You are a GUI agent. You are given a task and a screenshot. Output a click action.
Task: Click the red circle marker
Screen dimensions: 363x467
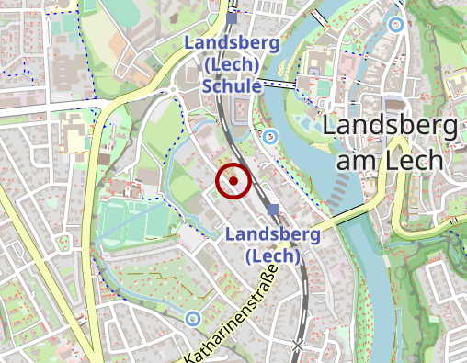point(233,181)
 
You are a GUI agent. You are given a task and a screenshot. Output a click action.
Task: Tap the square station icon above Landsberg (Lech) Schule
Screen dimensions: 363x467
point(232,17)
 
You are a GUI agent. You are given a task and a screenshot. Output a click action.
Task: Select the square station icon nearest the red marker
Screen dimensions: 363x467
point(273,209)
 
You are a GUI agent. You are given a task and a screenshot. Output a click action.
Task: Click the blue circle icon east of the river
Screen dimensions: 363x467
point(395,25)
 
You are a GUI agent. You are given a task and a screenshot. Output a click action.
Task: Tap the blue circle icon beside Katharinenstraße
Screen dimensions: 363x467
point(191,319)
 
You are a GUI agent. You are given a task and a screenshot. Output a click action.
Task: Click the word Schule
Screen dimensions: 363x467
point(232,85)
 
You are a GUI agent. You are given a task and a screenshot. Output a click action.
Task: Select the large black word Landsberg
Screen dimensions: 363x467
point(392,126)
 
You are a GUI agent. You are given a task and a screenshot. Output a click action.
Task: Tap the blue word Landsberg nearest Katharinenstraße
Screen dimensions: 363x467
point(266,233)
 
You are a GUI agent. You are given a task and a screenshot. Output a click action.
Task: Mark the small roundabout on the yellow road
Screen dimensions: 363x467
point(172,89)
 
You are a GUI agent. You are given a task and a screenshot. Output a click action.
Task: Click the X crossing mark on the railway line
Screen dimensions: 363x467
point(296,345)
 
